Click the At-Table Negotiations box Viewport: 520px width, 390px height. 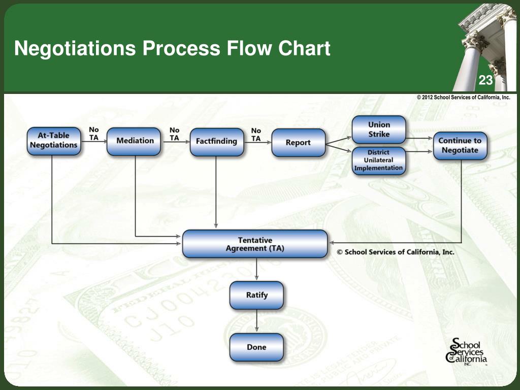(54, 141)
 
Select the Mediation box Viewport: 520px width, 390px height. (135, 141)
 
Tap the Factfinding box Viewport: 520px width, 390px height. (216, 142)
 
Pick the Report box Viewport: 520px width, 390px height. (298, 143)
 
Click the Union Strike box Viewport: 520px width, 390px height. (379, 129)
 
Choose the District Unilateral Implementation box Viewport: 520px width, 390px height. (379, 160)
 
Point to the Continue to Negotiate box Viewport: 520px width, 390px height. (460, 145)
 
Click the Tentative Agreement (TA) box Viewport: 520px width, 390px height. (255, 244)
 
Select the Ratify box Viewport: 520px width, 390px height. (256, 295)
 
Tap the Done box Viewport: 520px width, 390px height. (256, 347)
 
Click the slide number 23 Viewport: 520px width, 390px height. (485, 80)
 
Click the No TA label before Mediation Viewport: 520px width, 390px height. (94, 134)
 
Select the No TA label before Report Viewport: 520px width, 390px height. (256, 135)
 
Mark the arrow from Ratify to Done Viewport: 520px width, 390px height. (256, 321)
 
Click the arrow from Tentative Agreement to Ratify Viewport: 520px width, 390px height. (256, 269)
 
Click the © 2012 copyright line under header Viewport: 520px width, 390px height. (463, 97)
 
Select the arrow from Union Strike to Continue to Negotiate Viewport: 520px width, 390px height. (419, 138)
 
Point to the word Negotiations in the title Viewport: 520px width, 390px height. (75, 49)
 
